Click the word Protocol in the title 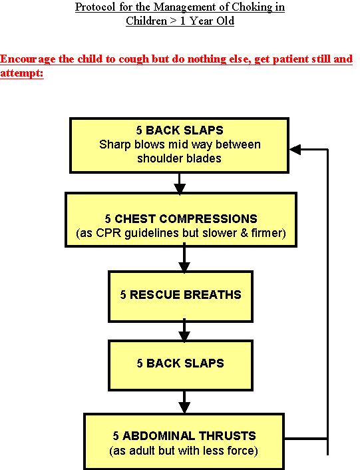click(x=95, y=7)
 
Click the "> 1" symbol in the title click(x=178, y=21)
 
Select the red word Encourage click(x=28, y=59)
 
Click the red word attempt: click(x=22, y=73)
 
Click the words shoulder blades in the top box click(x=179, y=158)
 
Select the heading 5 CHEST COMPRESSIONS click(x=181, y=219)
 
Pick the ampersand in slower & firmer click(x=244, y=233)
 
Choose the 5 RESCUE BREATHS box click(x=180, y=296)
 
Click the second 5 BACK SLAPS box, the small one click(x=180, y=365)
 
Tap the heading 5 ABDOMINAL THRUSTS click(x=184, y=435)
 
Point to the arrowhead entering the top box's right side click(x=295, y=149)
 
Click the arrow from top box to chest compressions click(x=180, y=184)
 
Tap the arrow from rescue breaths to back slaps click(x=184, y=331)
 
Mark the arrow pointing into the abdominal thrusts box click(x=184, y=402)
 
